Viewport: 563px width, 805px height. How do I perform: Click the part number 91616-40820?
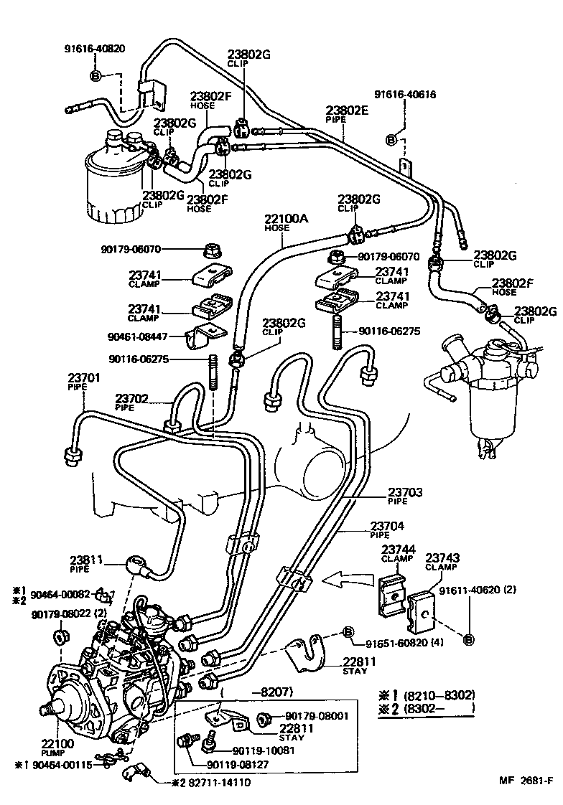click(x=95, y=50)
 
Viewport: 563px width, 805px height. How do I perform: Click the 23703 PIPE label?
click(x=406, y=496)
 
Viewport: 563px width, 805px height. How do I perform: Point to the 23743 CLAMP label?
click(x=443, y=562)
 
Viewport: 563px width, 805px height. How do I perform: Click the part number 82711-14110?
click(x=220, y=781)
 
